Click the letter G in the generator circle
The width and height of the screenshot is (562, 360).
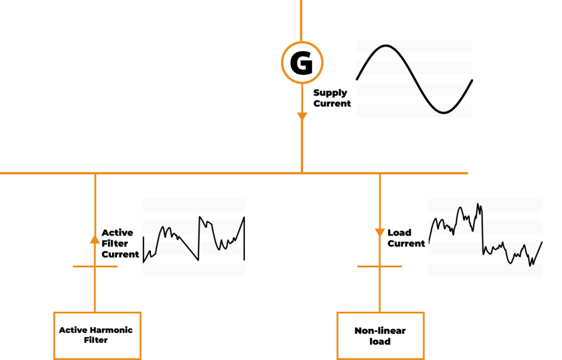click(x=301, y=63)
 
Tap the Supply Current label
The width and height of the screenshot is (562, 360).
click(x=331, y=98)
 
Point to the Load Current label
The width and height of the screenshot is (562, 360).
click(x=406, y=238)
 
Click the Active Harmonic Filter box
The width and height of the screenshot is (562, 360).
click(x=97, y=335)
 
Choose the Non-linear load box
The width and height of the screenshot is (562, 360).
click(x=380, y=335)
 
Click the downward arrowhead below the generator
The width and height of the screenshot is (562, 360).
click(x=301, y=117)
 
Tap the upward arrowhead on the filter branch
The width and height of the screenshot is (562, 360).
click(x=95, y=239)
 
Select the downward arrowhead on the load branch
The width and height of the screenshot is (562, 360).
click(x=379, y=233)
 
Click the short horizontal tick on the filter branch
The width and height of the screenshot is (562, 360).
click(x=95, y=267)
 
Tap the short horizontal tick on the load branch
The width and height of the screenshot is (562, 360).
click(x=379, y=267)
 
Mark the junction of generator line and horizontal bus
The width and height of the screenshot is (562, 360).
click(x=301, y=173)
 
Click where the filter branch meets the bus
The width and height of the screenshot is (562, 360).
click(x=95, y=173)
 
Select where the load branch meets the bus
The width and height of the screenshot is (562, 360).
click(x=379, y=173)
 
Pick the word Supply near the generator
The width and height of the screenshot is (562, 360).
click(x=330, y=93)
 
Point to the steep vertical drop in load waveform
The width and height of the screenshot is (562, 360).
click(x=482, y=230)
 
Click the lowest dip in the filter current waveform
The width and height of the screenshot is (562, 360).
click(x=198, y=259)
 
